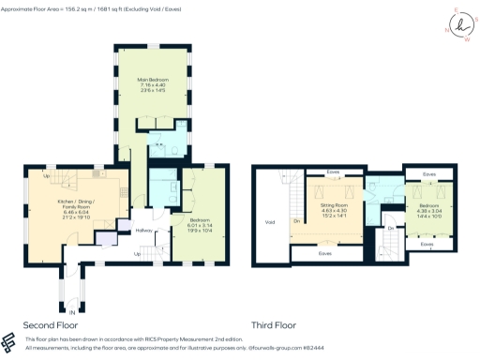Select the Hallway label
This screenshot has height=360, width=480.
tap(143, 231)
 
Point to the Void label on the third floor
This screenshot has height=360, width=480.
tap(270, 222)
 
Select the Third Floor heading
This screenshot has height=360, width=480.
tap(273, 325)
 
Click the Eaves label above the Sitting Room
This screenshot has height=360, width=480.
tap(333, 172)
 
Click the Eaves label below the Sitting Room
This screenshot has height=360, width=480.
tap(324, 252)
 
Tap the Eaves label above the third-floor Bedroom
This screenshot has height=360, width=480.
tap(428, 173)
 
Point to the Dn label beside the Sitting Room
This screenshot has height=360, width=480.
tap(297, 221)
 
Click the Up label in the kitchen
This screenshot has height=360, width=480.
tap(45, 174)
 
